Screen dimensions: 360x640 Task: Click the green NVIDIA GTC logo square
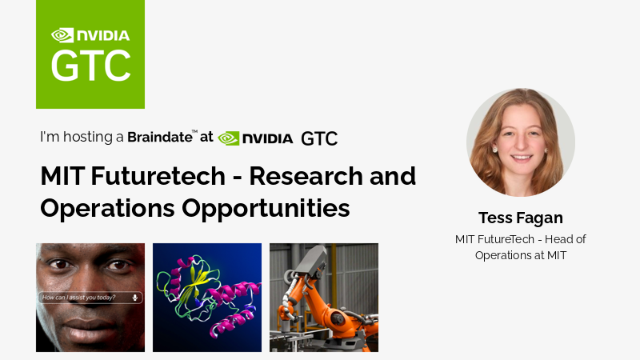coord(90,54)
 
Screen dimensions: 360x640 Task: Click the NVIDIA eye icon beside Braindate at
coord(229,138)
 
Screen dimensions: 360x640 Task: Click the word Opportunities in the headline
coord(265,208)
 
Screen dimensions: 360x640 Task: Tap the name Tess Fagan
coord(520,218)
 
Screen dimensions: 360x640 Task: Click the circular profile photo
coord(521,142)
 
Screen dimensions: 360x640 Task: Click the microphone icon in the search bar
coord(135,298)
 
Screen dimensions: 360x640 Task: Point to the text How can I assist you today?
coord(78,298)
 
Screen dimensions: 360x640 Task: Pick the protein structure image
coord(207,298)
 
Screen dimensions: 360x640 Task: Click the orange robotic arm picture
coord(324,298)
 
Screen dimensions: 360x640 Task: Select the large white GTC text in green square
coord(90,66)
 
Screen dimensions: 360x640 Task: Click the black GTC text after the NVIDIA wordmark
coord(319,138)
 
